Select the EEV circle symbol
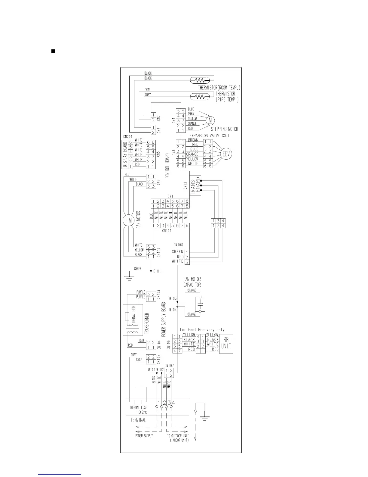(226, 154)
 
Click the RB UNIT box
(226, 344)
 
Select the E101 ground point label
(157, 271)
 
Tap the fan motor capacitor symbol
(200, 305)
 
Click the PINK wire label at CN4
(191, 114)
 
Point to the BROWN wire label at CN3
(193, 140)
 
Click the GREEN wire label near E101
(138, 269)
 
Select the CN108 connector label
(178, 245)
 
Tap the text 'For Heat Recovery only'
(202, 330)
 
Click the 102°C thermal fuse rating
(138, 412)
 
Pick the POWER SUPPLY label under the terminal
(144, 436)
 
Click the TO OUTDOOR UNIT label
(178, 436)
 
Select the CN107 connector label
(169, 366)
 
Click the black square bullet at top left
(53, 51)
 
